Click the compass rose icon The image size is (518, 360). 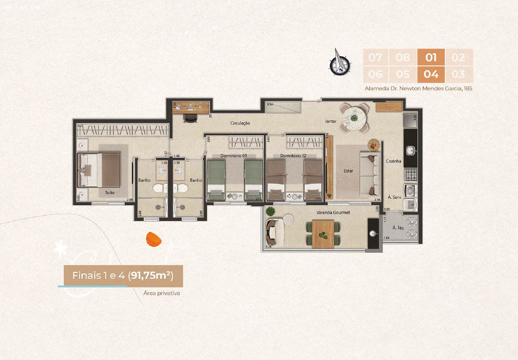[339, 62]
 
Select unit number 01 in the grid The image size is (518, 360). [430, 57]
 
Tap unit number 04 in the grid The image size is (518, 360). [430, 74]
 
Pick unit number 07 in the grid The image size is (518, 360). [375, 57]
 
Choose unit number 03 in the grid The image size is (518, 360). [458, 74]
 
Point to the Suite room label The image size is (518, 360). [109, 192]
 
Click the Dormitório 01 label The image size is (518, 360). [235, 155]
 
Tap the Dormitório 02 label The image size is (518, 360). [293, 155]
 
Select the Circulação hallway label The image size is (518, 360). [240, 123]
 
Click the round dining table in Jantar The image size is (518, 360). [354, 118]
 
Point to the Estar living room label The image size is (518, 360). [349, 171]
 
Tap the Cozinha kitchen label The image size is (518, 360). [394, 161]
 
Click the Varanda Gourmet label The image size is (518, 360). [333, 212]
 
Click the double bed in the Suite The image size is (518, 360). [99, 169]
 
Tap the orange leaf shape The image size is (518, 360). [152, 239]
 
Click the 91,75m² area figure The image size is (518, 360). [150, 275]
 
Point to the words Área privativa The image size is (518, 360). [162, 293]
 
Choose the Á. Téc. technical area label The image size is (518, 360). [398, 228]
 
